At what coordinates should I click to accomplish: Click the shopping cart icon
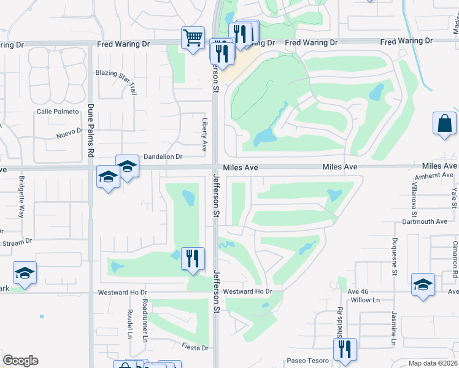[193, 39]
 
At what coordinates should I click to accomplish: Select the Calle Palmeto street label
[58, 112]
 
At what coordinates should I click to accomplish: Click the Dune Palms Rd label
[90, 129]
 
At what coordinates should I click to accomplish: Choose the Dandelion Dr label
[163, 157]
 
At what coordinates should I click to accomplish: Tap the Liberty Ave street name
[205, 136]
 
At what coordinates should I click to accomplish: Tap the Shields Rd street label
[339, 321]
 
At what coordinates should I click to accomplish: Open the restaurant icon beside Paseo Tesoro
[345, 350]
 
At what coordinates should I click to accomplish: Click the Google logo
[20, 361]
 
